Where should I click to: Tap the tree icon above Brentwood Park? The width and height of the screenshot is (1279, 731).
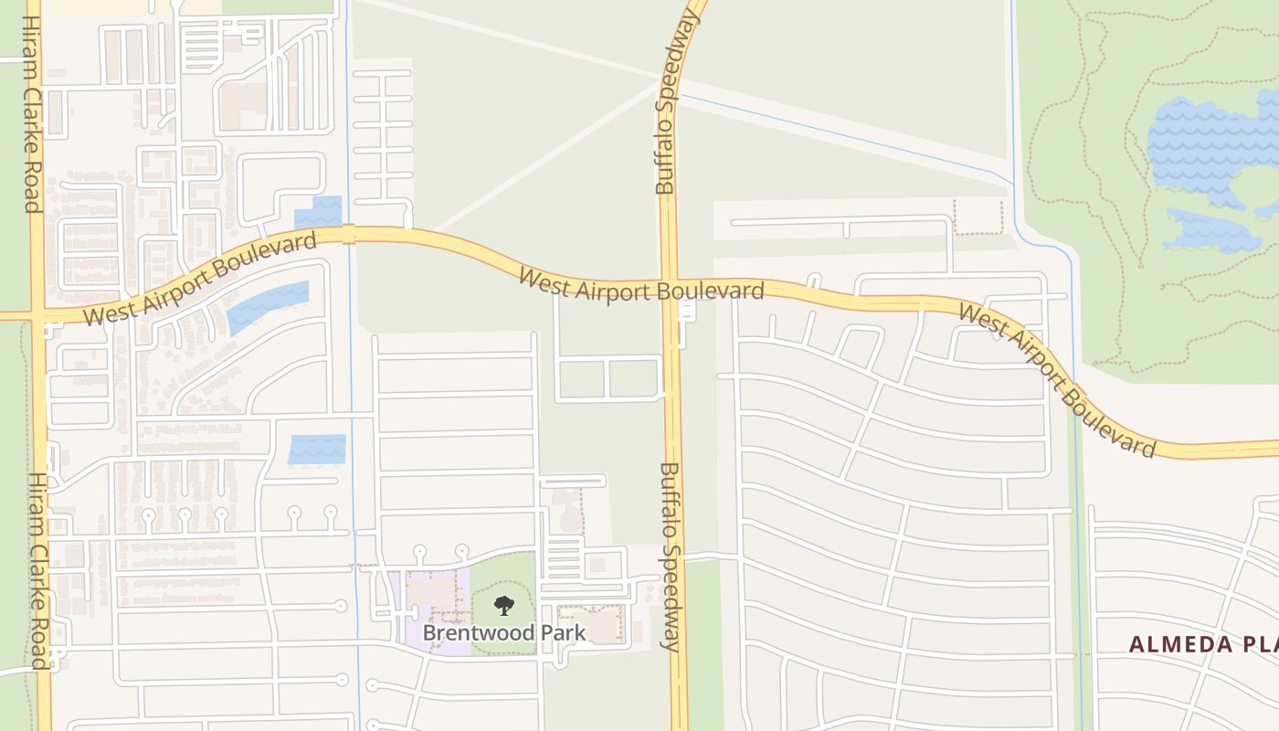pyautogui.click(x=503, y=605)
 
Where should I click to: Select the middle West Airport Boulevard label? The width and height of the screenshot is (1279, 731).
pyautogui.click(x=640, y=285)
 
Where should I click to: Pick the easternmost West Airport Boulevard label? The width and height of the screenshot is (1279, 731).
pyautogui.click(x=1058, y=381)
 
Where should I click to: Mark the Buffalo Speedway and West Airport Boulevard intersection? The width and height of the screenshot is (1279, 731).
pyautogui.click(x=670, y=286)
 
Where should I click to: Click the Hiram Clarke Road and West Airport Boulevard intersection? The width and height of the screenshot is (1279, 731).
pyautogui.click(x=37, y=314)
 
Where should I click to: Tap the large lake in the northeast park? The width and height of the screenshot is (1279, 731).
pyautogui.click(x=1206, y=146)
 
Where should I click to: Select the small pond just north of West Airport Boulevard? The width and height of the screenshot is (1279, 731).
pyautogui.click(x=318, y=213)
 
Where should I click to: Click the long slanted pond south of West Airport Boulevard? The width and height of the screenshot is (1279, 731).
pyautogui.click(x=269, y=306)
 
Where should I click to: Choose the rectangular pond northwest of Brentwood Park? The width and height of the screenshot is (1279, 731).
pyautogui.click(x=317, y=450)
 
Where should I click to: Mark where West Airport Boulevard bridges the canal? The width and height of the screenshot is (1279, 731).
pyautogui.click(x=347, y=235)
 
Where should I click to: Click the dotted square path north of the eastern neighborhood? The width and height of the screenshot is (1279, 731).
pyautogui.click(x=978, y=217)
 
